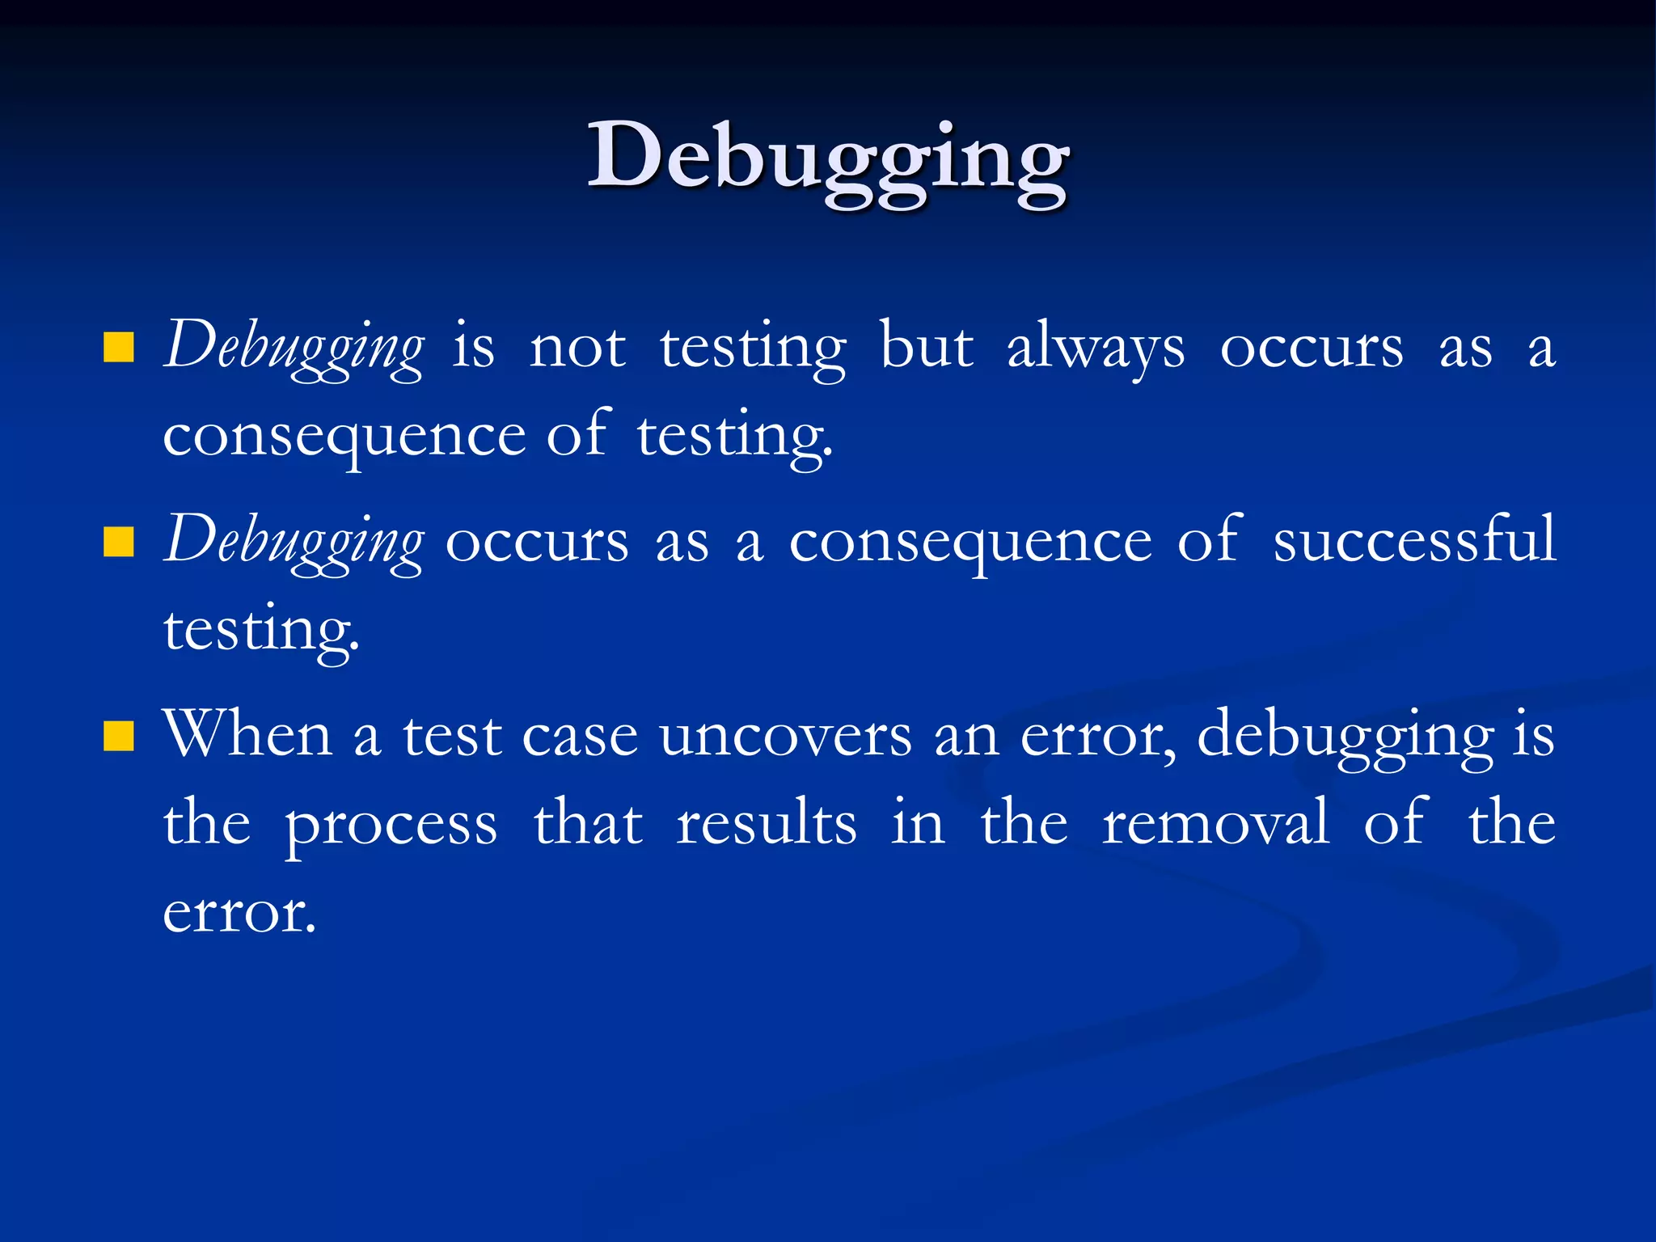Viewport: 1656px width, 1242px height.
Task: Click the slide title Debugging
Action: coord(828,158)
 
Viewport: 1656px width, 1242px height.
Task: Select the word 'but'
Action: coord(926,348)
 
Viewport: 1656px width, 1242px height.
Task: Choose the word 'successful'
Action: coord(1413,540)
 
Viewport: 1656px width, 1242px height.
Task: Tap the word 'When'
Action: coord(247,734)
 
